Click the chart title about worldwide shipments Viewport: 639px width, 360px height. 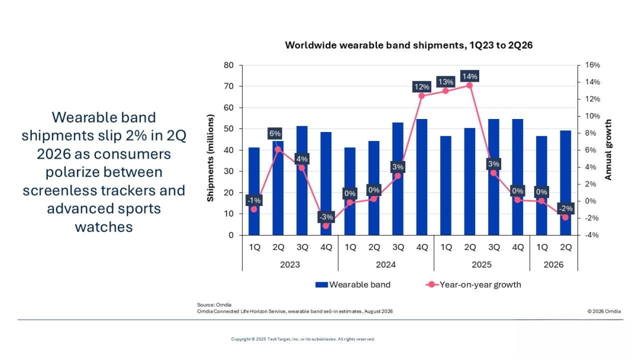click(408, 45)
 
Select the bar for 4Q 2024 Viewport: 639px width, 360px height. click(422, 177)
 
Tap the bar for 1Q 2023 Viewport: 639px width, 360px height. click(254, 191)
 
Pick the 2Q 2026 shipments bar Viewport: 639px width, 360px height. click(565, 182)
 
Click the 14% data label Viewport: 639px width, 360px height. click(469, 76)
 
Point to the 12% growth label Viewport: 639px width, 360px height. click(422, 87)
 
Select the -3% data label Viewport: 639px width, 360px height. click(326, 217)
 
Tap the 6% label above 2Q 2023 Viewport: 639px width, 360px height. click(275, 133)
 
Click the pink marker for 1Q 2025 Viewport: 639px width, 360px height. click(446, 91)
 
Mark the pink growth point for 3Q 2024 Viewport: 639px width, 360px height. click(398, 176)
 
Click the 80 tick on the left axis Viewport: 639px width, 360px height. click(228, 65)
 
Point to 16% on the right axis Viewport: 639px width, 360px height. click(592, 65)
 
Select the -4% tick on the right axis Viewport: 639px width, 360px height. click(592, 235)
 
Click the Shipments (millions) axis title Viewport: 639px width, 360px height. click(210, 157)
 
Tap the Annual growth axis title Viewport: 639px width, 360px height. click(608, 150)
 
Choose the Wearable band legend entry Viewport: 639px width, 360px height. click(353, 285)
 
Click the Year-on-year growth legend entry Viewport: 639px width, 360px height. click(473, 285)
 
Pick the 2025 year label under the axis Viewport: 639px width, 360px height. click(482, 265)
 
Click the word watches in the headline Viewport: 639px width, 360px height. click(104, 227)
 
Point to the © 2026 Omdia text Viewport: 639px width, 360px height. click(604, 311)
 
